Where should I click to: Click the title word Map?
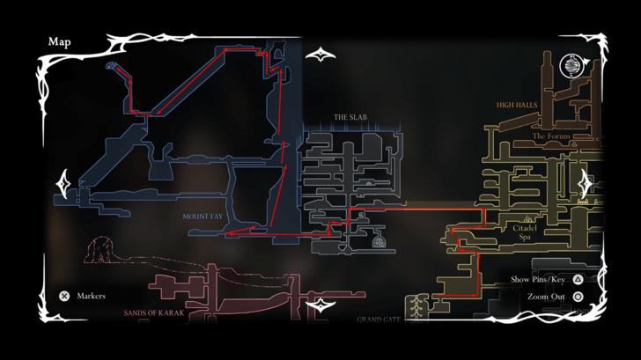coord(60,41)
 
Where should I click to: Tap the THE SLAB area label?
coord(350,117)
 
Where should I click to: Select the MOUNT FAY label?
coord(203,216)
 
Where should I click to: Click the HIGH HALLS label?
coord(517,105)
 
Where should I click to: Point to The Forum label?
coord(551,136)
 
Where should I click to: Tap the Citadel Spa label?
coord(525,231)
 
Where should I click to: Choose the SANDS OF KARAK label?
coord(154,312)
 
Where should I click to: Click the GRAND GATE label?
coord(379,320)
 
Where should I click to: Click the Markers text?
coord(91,297)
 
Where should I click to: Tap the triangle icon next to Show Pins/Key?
coord(578,280)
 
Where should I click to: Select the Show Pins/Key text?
coord(538,280)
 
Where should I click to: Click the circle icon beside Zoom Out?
coord(578,297)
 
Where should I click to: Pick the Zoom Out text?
coord(546,297)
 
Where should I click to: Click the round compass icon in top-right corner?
coord(571,66)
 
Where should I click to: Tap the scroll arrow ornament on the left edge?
coord(63,185)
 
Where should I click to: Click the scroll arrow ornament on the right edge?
coord(585,185)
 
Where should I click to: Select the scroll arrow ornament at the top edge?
coord(320,55)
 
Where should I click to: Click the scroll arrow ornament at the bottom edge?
coord(320,306)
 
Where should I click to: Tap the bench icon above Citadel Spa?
coord(527,218)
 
